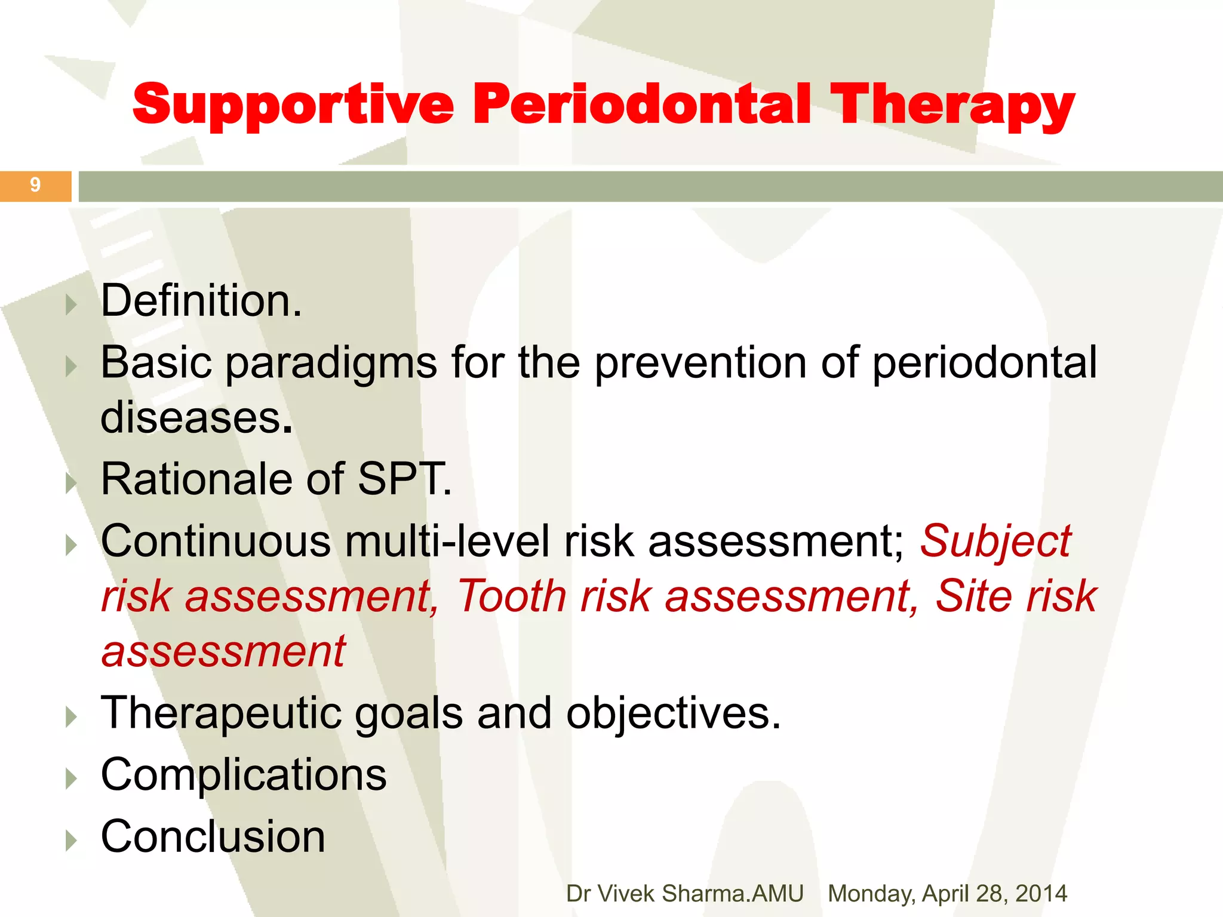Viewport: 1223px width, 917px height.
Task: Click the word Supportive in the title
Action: (x=293, y=104)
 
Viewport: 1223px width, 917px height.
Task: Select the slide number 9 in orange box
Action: (x=35, y=186)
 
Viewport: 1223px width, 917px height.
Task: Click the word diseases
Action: (x=191, y=417)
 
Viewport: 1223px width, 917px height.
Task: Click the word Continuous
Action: (x=216, y=541)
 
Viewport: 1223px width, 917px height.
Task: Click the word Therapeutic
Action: (x=222, y=713)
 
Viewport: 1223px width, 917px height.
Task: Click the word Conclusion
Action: (x=213, y=836)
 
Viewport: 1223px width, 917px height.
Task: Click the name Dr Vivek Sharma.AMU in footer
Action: (x=684, y=894)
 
